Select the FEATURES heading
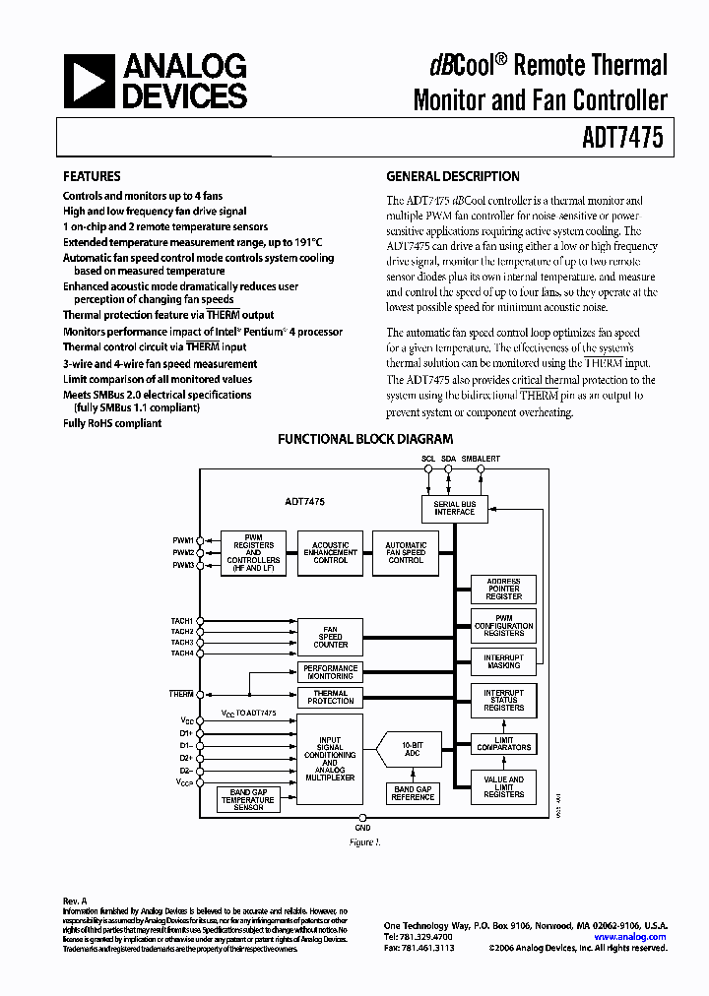pyautogui.click(x=92, y=177)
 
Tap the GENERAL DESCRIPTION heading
pyautogui.click(x=452, y=177)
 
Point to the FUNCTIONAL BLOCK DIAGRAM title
pyautogui.click(x=365, y=440)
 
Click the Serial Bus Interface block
pyautogui.click(x=454, y=508)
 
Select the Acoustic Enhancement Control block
pyautogui.click(x=331, y=552)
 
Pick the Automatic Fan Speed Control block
pyautogui.click(x=406, y=552)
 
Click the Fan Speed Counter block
pyautogui.click(x=331, y=636)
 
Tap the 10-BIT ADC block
pyautogui.click(x=411, y=749)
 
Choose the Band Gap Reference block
pyautogui.click(x=412, y=793)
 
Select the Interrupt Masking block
pyautogui.click(x=503, y=661)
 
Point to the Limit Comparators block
pyautogui.click(x=503, y=743)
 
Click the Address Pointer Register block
pyautogui.click(x=503, y=589)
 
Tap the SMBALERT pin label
pyautogui.click(x=481, y=459)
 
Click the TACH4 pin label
pyautogui.click(x=181, y=654)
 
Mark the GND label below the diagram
pyautogui.click(x=362, y=830)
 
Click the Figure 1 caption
pyautogui.click(x=363, y=843)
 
